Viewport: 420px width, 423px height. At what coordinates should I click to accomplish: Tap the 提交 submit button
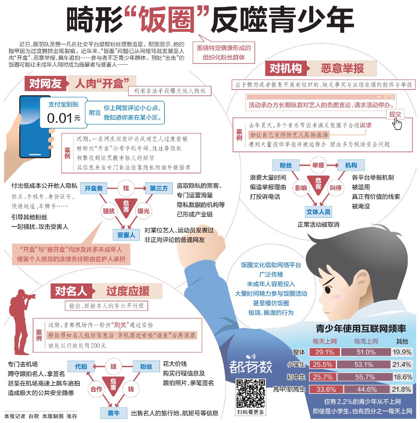(395, 114)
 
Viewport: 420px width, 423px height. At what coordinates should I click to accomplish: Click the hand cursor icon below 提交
(397, 124)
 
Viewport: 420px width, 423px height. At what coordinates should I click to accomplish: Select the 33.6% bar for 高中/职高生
(326, 389)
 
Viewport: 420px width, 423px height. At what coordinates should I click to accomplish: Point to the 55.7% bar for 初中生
(365, 377)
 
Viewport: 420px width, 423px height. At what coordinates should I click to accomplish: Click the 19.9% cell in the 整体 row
(402, 352)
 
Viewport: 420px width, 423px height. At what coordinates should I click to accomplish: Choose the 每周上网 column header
(366, 341)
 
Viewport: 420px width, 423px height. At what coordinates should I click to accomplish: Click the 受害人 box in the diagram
(126, 235)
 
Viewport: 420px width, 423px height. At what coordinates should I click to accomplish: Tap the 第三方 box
(159, 188)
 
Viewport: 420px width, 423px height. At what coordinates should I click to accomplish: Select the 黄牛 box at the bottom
(114, 413)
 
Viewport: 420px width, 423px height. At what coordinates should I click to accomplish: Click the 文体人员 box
(318, 212)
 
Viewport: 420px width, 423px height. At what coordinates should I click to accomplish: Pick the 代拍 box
(81, 366)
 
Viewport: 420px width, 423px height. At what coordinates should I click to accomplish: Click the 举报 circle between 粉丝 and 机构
(318, 165)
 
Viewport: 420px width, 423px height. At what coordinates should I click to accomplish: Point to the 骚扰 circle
(109, 211)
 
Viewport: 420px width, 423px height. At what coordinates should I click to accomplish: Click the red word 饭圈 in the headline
(167, 20)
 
